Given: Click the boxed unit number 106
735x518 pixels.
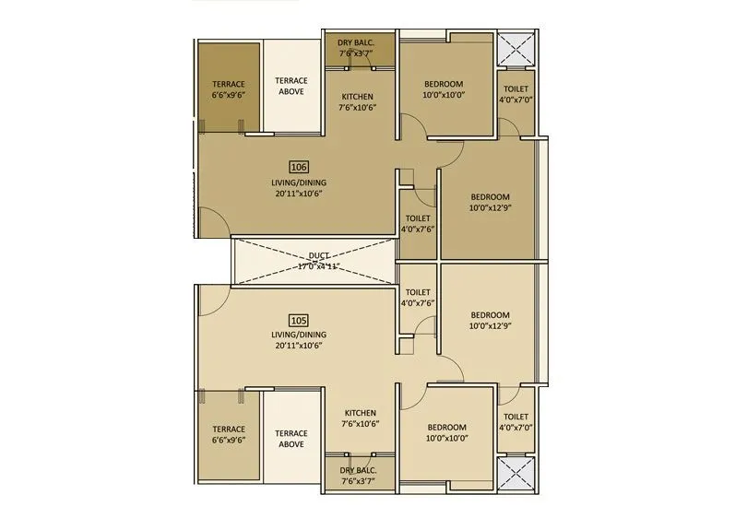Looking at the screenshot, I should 298,167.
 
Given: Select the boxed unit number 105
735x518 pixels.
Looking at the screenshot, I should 298,320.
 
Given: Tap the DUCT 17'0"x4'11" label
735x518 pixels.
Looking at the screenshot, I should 319,261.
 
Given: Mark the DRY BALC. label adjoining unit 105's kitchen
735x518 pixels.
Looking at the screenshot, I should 358,475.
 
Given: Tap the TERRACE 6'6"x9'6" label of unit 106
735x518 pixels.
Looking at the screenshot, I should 228,88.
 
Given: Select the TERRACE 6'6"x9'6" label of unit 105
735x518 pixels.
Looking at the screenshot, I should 228,434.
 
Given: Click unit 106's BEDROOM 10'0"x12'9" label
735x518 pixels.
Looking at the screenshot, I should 490,202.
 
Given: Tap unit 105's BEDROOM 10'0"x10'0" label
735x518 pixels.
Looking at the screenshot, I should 446,432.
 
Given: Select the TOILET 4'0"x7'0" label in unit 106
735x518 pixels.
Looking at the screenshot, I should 516,94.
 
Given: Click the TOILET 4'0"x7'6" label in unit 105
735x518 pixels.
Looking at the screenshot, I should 418,297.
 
